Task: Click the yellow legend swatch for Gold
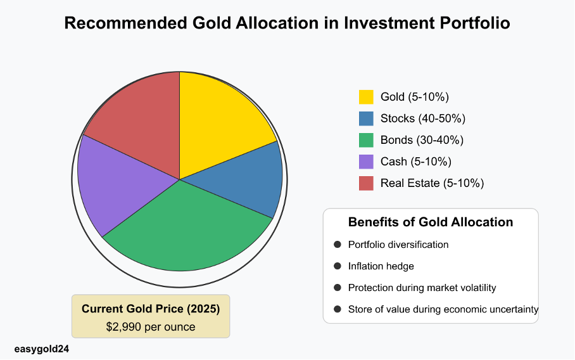click(366, 97)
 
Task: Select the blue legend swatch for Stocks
click(366, 119)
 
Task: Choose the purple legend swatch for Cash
click(366, 162)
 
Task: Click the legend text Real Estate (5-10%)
click(432, 183)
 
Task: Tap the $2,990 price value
click(126, 327)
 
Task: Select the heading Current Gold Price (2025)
click(151, 309)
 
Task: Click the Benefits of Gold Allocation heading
click(431, 222)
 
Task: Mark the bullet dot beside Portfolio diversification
click(337, 245)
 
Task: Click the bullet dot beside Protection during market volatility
click(337, 288)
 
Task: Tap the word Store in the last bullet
click(360, 309)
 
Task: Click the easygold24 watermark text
click(41, 349)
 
